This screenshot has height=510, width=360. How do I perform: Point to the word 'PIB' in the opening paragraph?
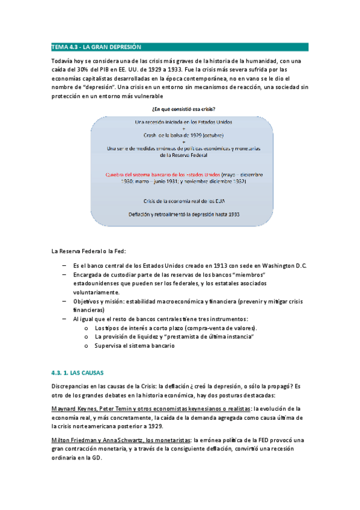coord(115,70)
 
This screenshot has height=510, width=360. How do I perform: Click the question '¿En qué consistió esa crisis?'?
coord(180,109)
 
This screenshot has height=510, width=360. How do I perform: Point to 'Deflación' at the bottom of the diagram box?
coord(142,214)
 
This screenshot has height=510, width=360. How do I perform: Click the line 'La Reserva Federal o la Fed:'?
coord(89,251)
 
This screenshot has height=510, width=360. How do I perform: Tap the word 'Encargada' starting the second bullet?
coord(87,275)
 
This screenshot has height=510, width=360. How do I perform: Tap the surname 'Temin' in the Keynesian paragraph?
coord(130,409)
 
